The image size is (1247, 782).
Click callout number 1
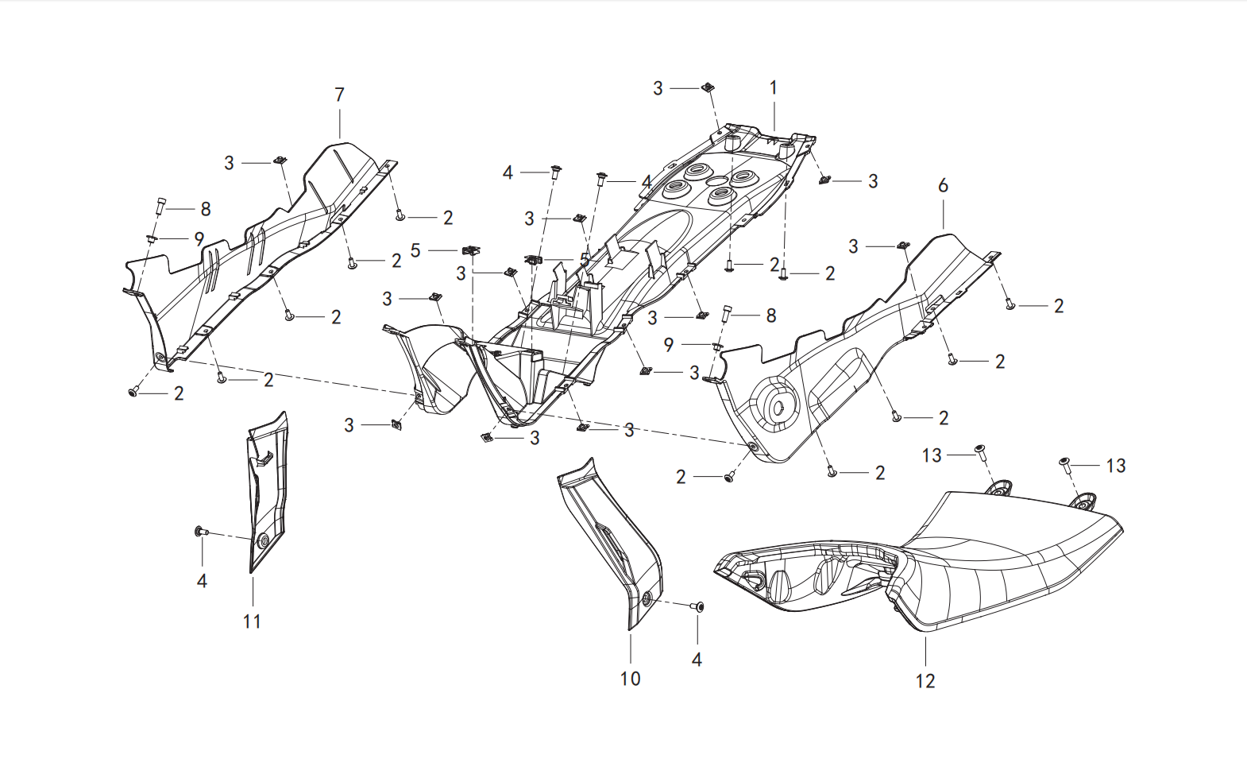(774, 88)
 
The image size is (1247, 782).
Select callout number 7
(340, 95)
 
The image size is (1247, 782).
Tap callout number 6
(943, 185)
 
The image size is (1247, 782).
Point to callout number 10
(630, 679)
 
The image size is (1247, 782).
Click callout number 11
(253, 621)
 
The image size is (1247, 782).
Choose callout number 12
(926, 680)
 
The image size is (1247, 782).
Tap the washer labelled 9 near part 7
(151, 239)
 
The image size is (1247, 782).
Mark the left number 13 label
(932, 455)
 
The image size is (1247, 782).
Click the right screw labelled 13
(1064, 465)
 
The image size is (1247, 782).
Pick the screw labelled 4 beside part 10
(697, 606)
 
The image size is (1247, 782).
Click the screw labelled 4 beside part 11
(201, 532)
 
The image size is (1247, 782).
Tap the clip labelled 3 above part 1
(708, 87)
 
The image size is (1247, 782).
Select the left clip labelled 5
(472, 250)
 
